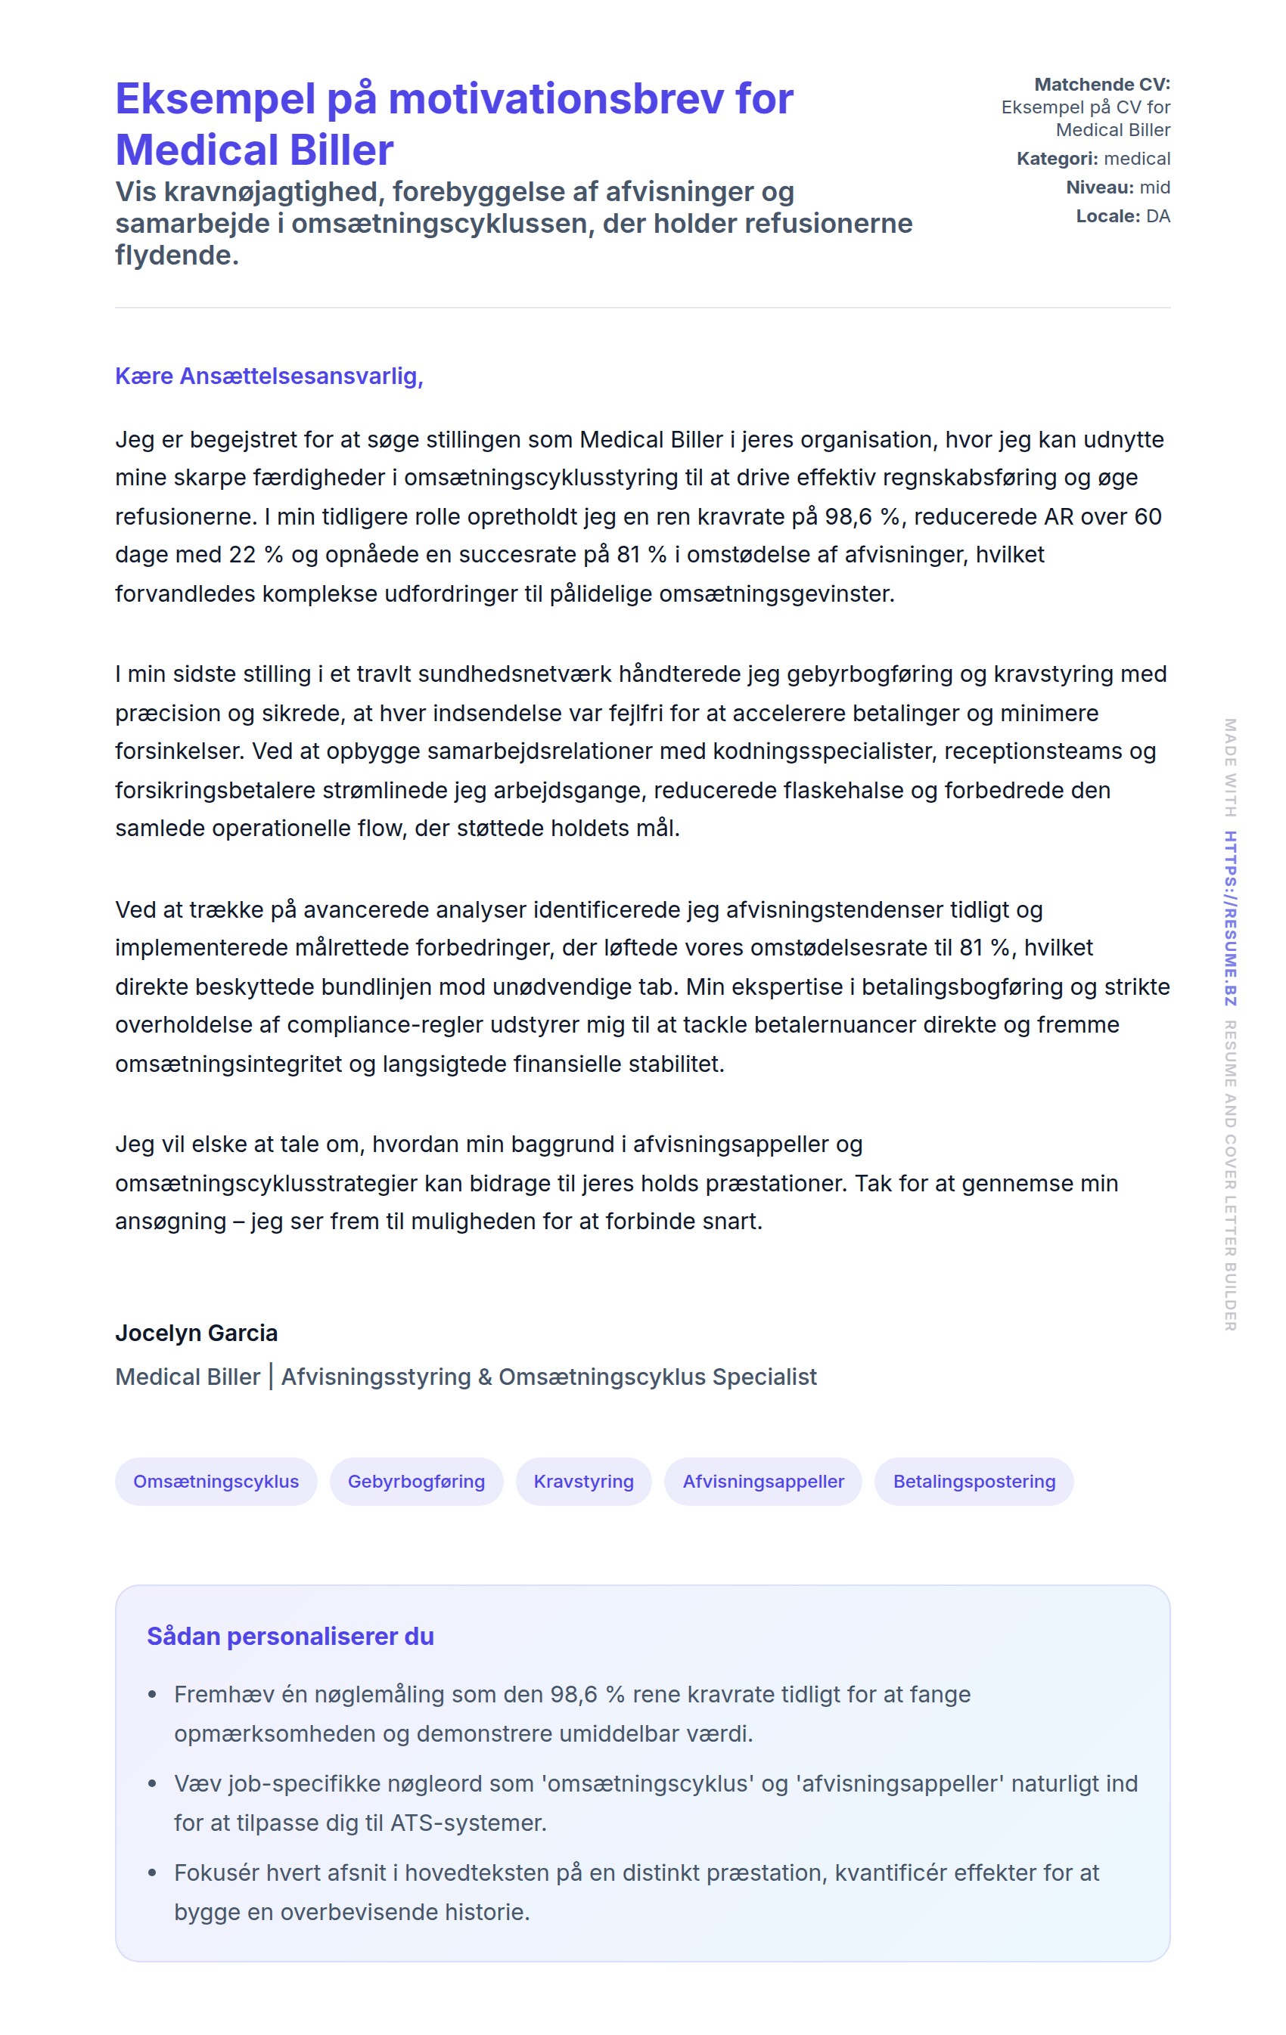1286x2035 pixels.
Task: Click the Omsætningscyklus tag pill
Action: (216, 1481)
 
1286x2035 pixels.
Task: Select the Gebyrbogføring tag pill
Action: (416, 1481)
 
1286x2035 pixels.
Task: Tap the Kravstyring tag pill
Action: (583, 1481)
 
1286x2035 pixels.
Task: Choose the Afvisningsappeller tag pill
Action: (763, 1481)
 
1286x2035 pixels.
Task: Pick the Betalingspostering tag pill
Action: (974, 1481)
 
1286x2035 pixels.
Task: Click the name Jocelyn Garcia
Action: (196, 1333)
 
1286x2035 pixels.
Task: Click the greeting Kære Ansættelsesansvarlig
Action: (269, 376)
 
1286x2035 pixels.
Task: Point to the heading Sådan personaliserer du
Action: (290, 1636)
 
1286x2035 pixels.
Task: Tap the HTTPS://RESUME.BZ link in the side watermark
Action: (1230, 918)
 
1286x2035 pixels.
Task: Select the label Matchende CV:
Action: (1101, 85)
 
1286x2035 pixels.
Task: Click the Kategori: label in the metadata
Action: (1057, 159)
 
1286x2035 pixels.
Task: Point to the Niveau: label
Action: (1099, 187)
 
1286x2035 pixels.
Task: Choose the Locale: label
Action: (1107, 216)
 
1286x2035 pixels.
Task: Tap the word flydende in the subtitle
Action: (177, 256)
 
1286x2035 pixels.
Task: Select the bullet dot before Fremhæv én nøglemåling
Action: (152, 1694)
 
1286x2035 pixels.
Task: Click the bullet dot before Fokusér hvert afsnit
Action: (152, 1872)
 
